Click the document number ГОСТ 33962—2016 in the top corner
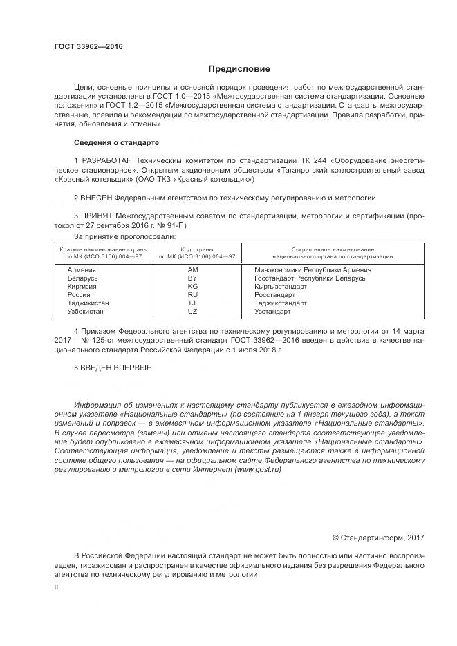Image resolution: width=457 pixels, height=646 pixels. tap(88, 47)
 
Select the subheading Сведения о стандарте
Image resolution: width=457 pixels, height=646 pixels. tap(116, 143)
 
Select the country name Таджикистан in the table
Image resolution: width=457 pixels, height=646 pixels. tap(88, 303)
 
